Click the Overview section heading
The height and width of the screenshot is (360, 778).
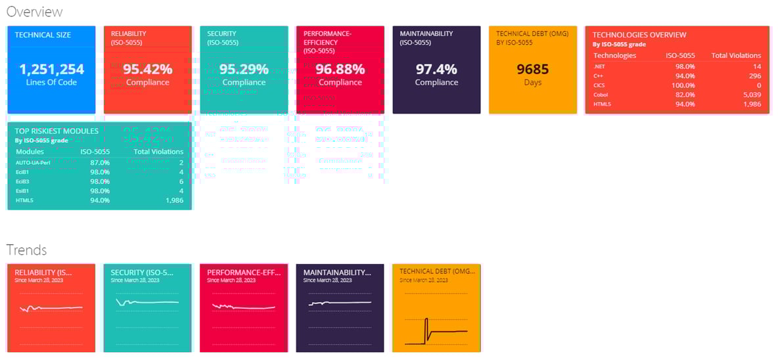(x=34, y=12)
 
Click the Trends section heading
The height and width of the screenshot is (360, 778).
(x=26, y=250)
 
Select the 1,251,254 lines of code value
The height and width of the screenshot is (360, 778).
(x=51, y=69)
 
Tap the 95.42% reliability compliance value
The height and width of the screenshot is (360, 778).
(x=147, y=69)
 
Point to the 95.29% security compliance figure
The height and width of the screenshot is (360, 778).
(x=244, y=69)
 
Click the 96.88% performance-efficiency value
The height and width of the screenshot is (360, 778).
(x=340, y=69)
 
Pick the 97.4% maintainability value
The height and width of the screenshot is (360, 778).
(x=436, y=69)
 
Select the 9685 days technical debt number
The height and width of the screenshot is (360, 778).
(x=532, y=69)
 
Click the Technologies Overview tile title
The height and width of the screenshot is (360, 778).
(x=639, y=35)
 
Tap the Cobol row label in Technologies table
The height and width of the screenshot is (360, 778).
(x=600, y=95)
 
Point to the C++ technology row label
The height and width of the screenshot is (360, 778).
(x=598, y=76)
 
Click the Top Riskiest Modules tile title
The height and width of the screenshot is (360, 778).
(x=57, y=131)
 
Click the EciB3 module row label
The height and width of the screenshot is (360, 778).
(x=23, y=181)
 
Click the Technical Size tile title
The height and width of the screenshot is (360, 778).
(x=43, y=35)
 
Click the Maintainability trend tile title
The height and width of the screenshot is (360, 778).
(x=336, y=271)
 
